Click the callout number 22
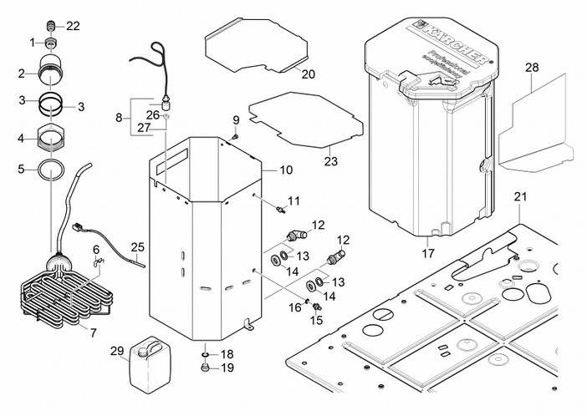point(73,26)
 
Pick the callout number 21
point(521,198)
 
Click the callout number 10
point(286,170)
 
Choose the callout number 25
point(138,247)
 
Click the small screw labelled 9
point(235,136)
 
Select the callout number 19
point(227,368)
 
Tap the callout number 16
point(294,307)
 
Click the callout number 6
point(96,249)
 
